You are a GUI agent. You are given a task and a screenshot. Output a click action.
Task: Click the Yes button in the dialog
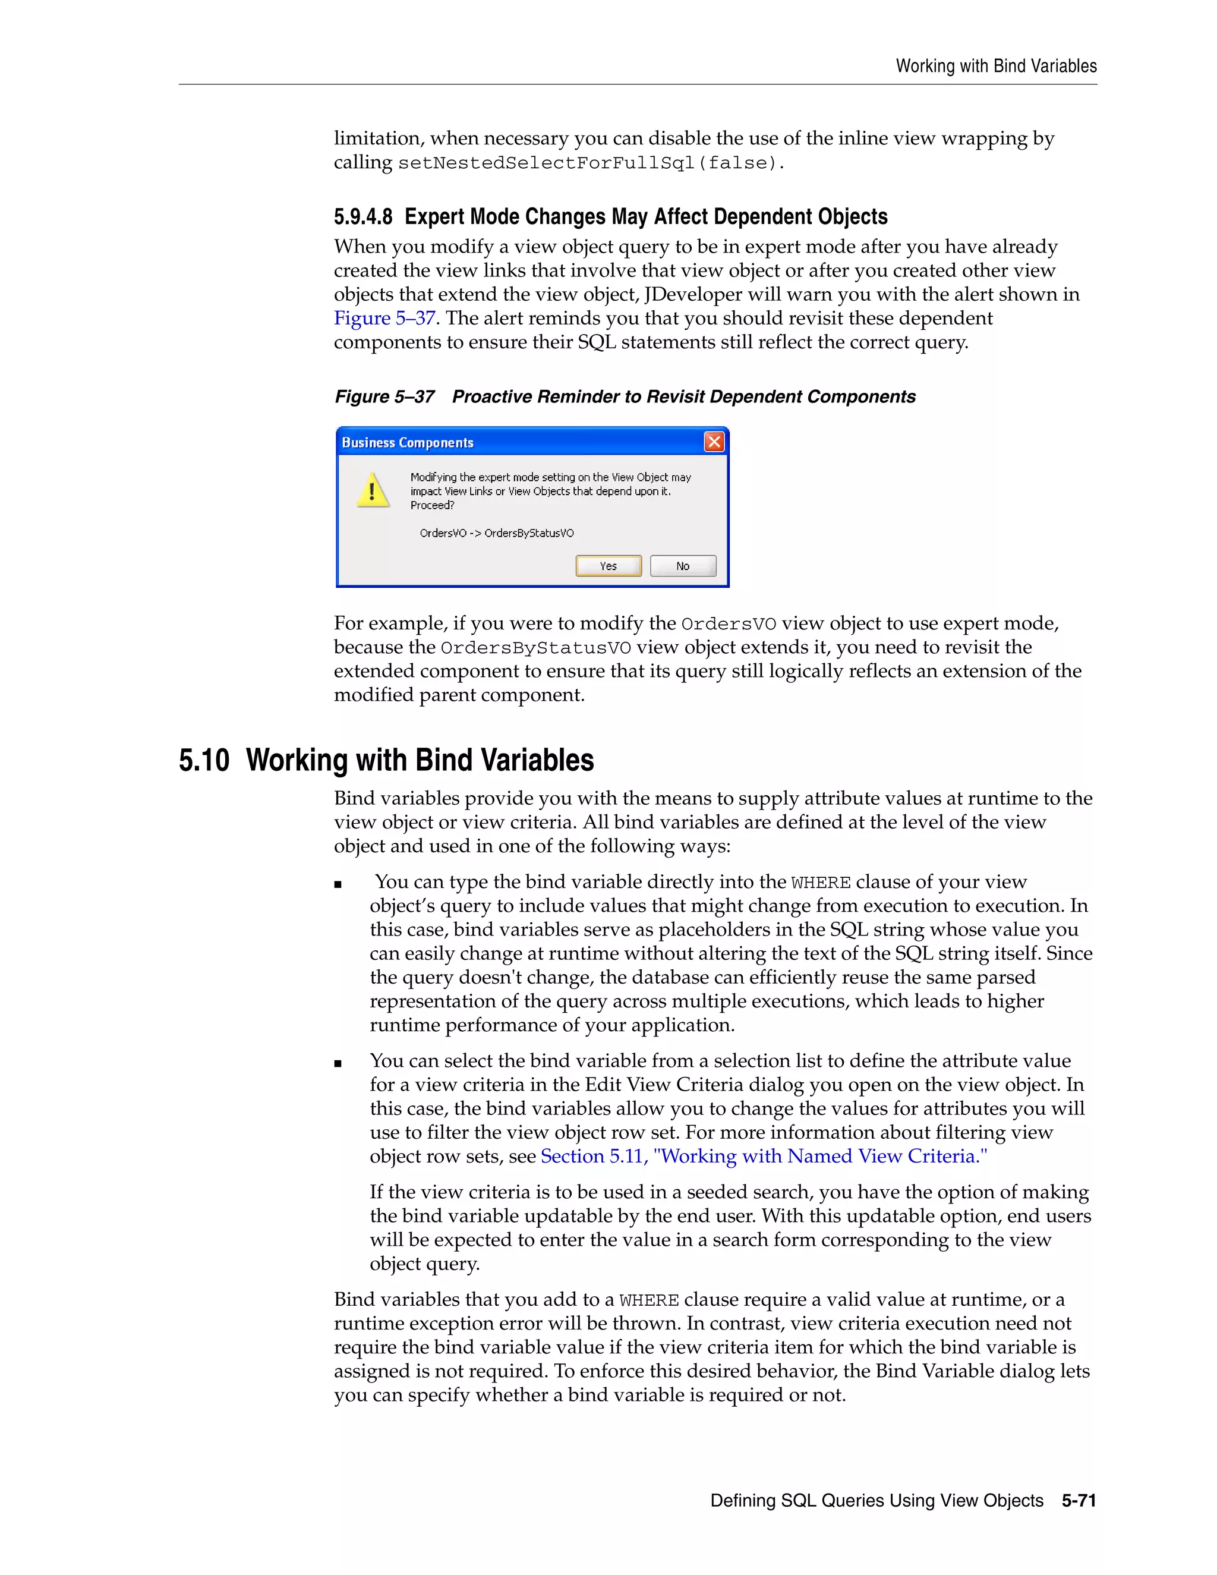point(608,566)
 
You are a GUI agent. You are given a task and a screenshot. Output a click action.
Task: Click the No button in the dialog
point(682,566)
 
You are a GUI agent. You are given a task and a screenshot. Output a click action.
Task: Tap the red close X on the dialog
point(713,442)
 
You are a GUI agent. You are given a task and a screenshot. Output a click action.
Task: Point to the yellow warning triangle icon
point(373,490)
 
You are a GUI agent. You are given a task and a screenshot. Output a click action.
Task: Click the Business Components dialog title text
point(407,443)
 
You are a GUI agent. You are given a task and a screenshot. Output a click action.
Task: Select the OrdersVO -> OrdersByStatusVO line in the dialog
point(496,533)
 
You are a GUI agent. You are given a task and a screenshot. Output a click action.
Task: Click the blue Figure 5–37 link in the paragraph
point(384,318)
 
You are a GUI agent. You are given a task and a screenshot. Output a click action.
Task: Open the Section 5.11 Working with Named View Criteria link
point(764,1156)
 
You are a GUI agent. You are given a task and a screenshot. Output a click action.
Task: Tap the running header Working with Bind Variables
point(996,67)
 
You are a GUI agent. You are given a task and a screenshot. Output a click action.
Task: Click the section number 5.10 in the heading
point(204,761)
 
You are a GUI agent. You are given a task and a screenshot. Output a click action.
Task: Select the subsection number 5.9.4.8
point(362,216)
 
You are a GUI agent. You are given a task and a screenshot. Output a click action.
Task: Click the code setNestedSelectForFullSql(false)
point(589,163)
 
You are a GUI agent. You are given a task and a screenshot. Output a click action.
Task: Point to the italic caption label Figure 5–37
point(384,396)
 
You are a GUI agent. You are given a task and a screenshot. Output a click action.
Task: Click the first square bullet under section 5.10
point(338,885)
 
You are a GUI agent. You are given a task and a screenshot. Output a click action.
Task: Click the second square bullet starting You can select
point(338,1064)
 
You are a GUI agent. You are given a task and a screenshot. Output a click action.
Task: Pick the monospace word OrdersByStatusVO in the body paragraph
point(535,648)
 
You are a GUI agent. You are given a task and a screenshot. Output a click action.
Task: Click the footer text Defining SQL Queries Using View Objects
point(876,1501)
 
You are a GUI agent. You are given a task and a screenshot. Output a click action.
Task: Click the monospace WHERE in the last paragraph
point(648,1301)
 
